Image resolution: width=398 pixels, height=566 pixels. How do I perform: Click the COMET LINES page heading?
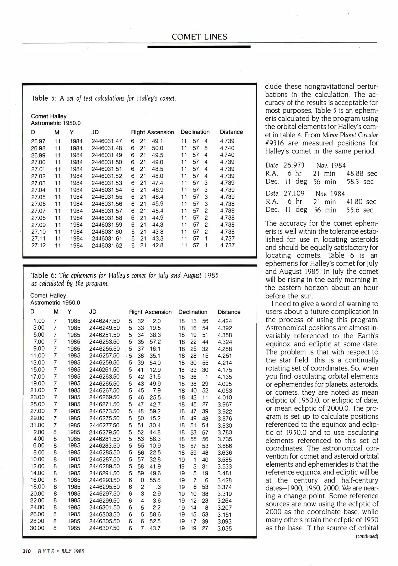(199, 37)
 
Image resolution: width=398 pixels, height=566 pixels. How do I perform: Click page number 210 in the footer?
(27, 551)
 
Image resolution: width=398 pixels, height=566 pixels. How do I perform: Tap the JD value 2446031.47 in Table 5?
(107, 141)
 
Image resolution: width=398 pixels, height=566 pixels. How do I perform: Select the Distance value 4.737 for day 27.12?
(227, 246)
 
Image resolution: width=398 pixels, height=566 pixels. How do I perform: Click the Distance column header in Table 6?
(229, 312)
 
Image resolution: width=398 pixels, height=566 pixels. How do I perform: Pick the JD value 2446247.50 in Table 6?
(104, 321)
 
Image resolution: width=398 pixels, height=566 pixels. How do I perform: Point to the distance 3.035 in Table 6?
(224, 529)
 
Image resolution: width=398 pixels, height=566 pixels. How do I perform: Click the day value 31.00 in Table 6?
(37, 425)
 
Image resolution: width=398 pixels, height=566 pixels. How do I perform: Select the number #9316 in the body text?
(275, 143)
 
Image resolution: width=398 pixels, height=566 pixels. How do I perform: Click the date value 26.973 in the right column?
(294, 165)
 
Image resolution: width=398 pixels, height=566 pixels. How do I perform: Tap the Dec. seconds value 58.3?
(353, 182)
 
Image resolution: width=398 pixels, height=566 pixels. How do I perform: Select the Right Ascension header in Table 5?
(152, 132)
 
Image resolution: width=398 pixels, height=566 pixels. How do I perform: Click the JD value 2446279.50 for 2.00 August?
(104, 432)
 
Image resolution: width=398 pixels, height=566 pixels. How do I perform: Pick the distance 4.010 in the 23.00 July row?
(224, 398)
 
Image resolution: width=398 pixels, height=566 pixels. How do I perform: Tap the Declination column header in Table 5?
(195, 132)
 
